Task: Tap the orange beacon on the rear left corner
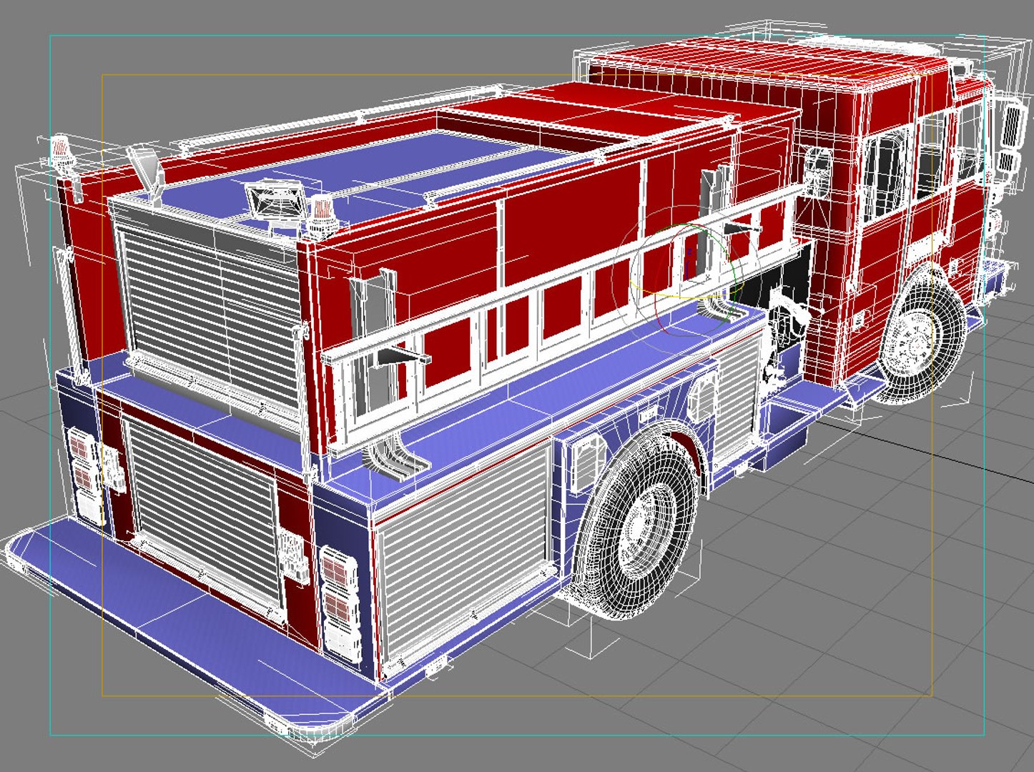pyautogui.click(x=62, y=154)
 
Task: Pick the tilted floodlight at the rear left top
pyautogui.click(x=145, y=167)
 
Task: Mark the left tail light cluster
pyautogui.click(x=83, y=475)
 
